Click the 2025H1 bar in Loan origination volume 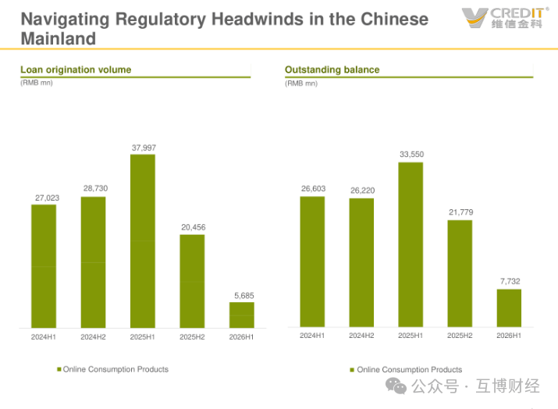pos(143,241)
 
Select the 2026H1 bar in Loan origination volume pos(242,315)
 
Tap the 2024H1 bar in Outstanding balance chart pos(312,261)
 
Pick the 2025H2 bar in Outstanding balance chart pos(460,273)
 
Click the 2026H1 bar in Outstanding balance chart pos(510,308)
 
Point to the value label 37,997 pos(144,148)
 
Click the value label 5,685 pos(244,296)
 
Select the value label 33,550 pos(412,154)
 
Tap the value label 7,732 pos(510,281)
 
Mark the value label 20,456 pos(194,227)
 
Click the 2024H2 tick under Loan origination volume pos(93,336)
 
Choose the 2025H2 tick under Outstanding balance pos(460,336)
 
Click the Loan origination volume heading pos(76,69)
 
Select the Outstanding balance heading pos(332,69)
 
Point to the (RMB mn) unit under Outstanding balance pos(301,84)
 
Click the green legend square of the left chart pos(59,369)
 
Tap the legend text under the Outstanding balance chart pos(409,369)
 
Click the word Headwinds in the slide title pos(258,19)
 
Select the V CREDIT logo pos(505,17)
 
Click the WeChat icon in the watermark pos(396,386)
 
